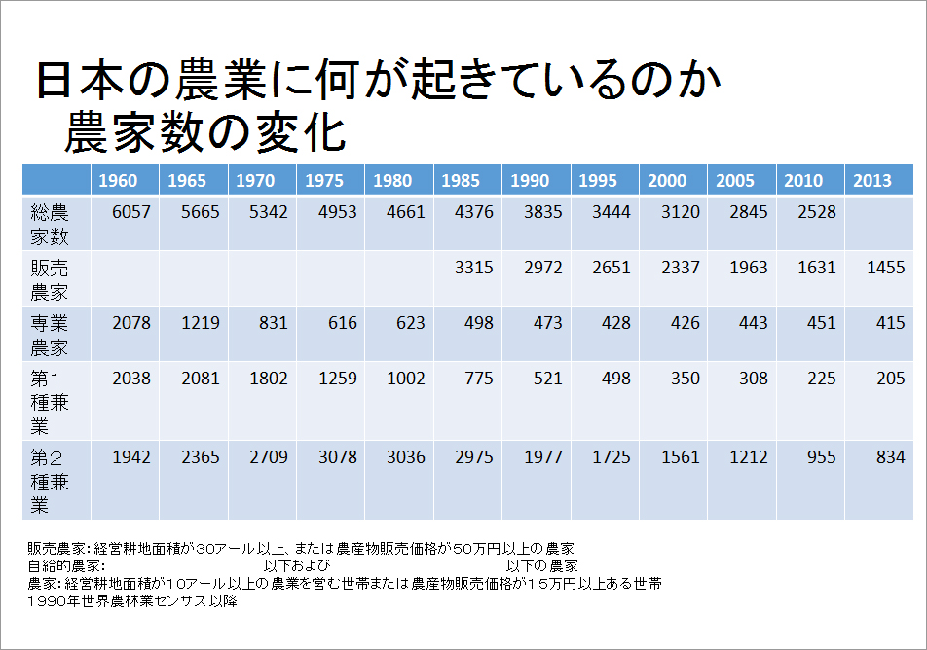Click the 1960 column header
click(x=118, y=181)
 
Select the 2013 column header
click(x=871, y=181)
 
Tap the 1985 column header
click(x=461, y=181)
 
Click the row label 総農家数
click(x=50, y=224)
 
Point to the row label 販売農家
click(x=50, y=278)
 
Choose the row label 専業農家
click(x=50, y=335)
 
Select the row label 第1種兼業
click(x=50, y=401)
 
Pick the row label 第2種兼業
click(x=50, y=480)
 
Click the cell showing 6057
click(x=131, y=212)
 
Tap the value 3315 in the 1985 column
click(x=474, y=268)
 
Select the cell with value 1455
click(x=885, y=268)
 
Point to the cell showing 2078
click(x=131, y=323)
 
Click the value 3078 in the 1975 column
click(x=338, y=457)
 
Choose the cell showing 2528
click(x=816, y=212)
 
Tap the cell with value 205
click(x=890, y=379)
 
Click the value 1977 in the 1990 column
click(x=542, y=457)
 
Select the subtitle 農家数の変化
click(x=205, y=133)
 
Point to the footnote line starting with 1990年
click(x=132, y=601)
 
